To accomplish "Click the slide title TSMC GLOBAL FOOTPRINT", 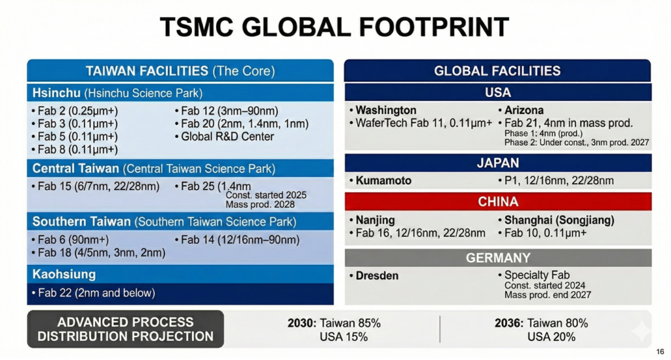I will tap(335, 27).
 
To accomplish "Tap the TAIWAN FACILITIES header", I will tap(180, 71).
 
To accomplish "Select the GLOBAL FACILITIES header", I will tap(497, 71).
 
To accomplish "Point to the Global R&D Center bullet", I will tap(227, 136).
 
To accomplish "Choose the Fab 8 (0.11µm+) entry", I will tap(77, 150).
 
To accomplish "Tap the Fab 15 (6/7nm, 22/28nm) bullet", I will tap(98, 186).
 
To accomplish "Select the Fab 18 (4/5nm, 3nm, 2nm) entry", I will tap(101, 252).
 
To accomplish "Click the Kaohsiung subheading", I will tap(64, 273).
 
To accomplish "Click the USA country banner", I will tap(497, 92).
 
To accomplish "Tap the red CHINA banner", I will tap(497, 201).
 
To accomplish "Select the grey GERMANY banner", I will tap(497, 258).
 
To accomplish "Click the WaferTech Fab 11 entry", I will tap(423, 123).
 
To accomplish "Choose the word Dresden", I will tap(377, 275).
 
